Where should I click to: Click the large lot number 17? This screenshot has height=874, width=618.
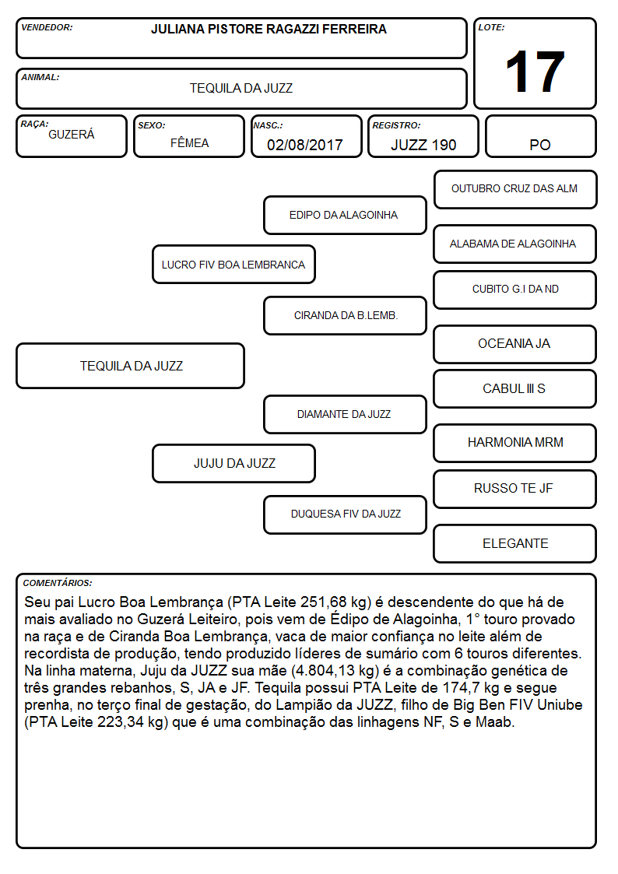click(535, 72)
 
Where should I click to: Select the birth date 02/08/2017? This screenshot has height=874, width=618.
click(305, 145)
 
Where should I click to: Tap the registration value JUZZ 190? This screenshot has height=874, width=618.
click(423, 145)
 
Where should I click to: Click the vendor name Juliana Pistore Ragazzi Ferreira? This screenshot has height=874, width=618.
click(269, 29)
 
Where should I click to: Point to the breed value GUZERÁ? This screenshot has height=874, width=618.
click(72, 134)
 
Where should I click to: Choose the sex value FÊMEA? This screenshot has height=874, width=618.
click(189, 142)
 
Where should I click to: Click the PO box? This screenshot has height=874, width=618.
click(540, 136)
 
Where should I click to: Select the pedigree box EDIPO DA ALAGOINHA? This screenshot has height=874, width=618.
click(345, 215)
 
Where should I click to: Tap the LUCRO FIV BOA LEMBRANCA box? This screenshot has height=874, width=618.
click(234, 264)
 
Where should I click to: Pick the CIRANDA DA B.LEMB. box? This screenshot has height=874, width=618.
click(345, 315)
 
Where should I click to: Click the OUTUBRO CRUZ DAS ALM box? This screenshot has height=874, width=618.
click(515, 190)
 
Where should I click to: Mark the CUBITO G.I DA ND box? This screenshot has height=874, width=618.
click(515, 290)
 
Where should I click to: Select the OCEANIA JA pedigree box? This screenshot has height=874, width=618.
click(515, 345)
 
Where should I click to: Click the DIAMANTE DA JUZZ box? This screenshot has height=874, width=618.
click(345, 414)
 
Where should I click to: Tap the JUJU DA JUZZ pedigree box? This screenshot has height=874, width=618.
click(234, 463)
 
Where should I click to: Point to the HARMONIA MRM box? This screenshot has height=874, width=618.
click(515, 443)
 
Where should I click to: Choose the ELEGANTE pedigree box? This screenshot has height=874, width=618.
click(515, 543)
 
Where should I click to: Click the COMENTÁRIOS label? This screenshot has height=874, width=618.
click(58, 583)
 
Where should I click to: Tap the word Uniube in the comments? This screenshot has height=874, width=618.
click(560, 704)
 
